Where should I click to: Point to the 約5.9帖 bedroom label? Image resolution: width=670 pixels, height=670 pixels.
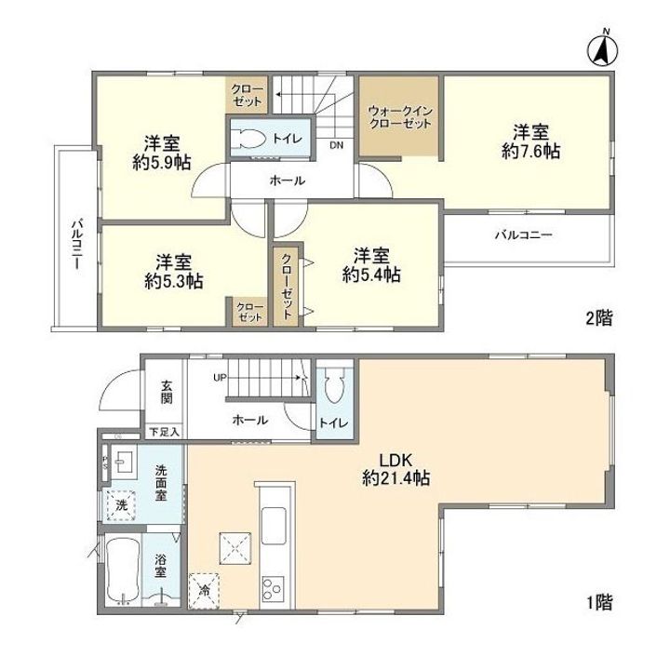coord(160,153)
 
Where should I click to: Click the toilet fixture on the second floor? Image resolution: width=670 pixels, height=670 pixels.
coord(249,140)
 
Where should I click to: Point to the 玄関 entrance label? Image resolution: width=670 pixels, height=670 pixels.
coord(166,392)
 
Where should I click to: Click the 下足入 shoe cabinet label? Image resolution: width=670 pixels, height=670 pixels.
coord(165,432)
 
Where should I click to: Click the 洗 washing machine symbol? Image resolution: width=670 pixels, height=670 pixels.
coord(122,505)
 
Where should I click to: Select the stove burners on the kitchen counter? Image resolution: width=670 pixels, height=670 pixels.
coord(275,586)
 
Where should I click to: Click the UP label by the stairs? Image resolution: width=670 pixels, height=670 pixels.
coord(220,377)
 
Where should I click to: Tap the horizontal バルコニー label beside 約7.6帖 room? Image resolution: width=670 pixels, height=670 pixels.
coord(523,236)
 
